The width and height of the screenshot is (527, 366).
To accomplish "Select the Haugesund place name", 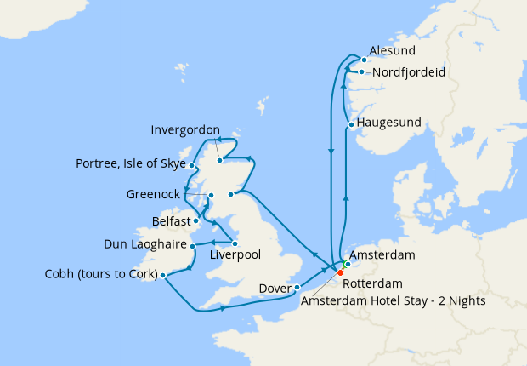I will [x=389, y=123].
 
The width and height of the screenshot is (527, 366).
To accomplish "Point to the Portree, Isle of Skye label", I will [x=130, y=163].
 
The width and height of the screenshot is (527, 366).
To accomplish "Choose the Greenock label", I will [x=153, y=194].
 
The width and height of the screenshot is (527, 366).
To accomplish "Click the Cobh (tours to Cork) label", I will [x=100, y=274].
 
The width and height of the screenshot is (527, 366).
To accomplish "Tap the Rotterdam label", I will [x=375, y=283].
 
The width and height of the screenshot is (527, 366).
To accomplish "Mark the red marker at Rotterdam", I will [x=340, y=272].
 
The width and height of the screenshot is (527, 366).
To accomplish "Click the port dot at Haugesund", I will [x=350, y=126].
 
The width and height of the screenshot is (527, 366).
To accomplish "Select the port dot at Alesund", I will [x=364, y=60].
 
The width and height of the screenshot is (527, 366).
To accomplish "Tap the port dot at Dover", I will [x=297, y=287].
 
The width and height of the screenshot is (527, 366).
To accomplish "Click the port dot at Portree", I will [x=192, y=166].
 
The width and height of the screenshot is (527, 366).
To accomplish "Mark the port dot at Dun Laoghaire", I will [x=192, y=246].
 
